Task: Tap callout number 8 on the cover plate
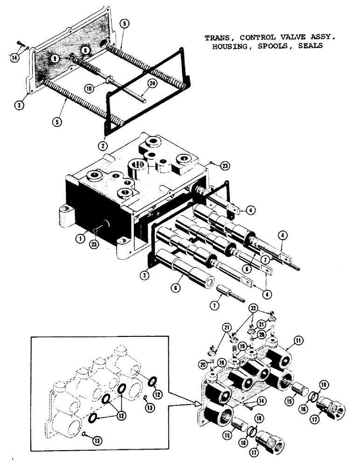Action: [85, 50]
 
